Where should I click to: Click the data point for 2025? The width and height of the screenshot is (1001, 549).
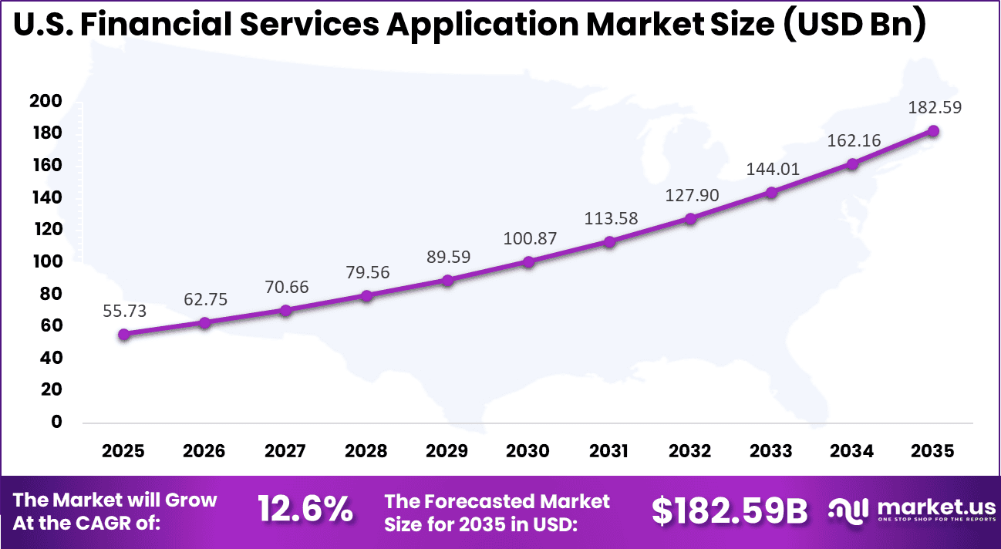[123, 334]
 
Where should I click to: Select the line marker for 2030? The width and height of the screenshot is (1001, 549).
[528, 262]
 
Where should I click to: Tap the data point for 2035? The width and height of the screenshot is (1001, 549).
[933, 131]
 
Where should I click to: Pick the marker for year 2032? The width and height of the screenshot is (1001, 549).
[690, 218]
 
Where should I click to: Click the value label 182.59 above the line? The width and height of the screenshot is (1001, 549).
[934, 108]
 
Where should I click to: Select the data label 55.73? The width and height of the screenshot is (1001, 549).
[123, 311]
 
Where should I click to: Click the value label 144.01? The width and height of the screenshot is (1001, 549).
[772, 169]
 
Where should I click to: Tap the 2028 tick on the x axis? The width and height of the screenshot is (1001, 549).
[366, 451]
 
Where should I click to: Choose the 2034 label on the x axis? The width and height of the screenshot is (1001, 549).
[852, 451]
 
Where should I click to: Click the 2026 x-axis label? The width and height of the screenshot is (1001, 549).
[204, 451]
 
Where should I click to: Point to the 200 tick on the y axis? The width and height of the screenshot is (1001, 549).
[45, 102]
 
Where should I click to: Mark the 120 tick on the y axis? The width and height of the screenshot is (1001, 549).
[45, 230]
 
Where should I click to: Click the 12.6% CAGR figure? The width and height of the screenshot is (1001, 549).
[305, 510]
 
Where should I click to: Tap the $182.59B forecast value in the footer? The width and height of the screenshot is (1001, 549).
[730, 510]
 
